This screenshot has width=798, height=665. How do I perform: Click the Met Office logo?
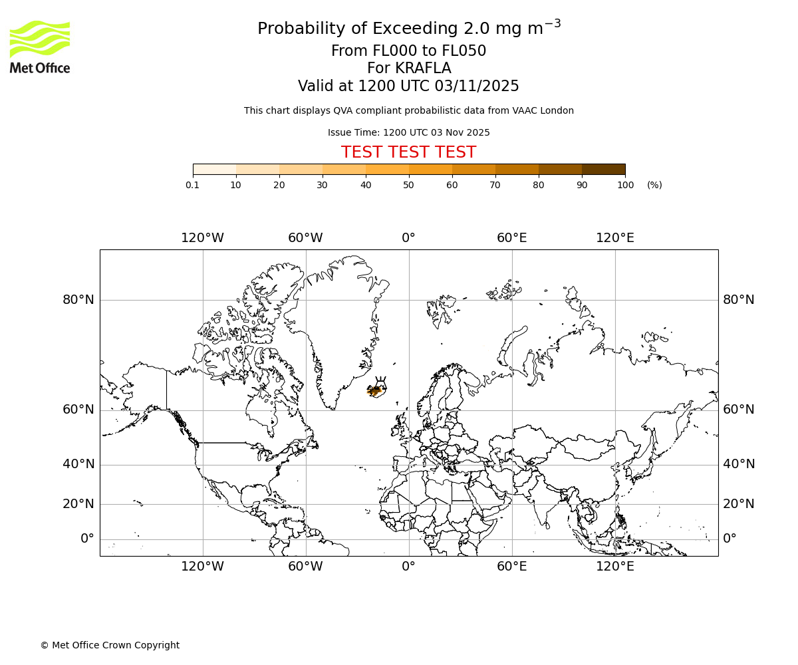pyautogui.click(x=40, y=47)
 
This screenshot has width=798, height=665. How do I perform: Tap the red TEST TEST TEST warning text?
pyautogui.click(x=408, y=152)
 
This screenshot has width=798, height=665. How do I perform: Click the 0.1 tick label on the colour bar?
pyautogui.click(x=193, y=185)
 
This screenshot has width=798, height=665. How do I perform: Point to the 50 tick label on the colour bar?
pyautogui.click(x=408, y=185)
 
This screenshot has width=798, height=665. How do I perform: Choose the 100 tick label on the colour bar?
pyautogui.click(x=625, y=185)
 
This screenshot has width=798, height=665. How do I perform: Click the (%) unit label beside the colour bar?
pyautogui.click(x=654, y=185)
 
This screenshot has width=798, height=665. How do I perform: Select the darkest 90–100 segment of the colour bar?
pyautogui.click(x=603, y=169)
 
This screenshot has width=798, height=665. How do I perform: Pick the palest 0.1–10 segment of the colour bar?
pyautogui.click(x=215, y=169)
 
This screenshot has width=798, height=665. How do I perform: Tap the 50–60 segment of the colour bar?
pyautogui.click(x=430, y=169)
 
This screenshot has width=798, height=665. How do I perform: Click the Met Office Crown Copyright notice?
pyautogui.click(x=110, y=645)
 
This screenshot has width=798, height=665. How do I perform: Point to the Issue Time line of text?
pyautogui.click(x=408, y=132)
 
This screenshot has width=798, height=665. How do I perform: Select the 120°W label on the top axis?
pyautogui.click(x=202, y=238)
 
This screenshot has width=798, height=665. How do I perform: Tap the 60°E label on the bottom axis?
pyautogui.click(x=511, y=567)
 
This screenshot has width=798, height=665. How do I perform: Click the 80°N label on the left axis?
pyautogui.click(x=78, y=300)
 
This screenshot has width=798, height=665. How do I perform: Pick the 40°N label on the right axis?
pyautogui.click(x=739, y=464)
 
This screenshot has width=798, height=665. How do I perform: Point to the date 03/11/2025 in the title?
pyautogui.click(x=477, y=86)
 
